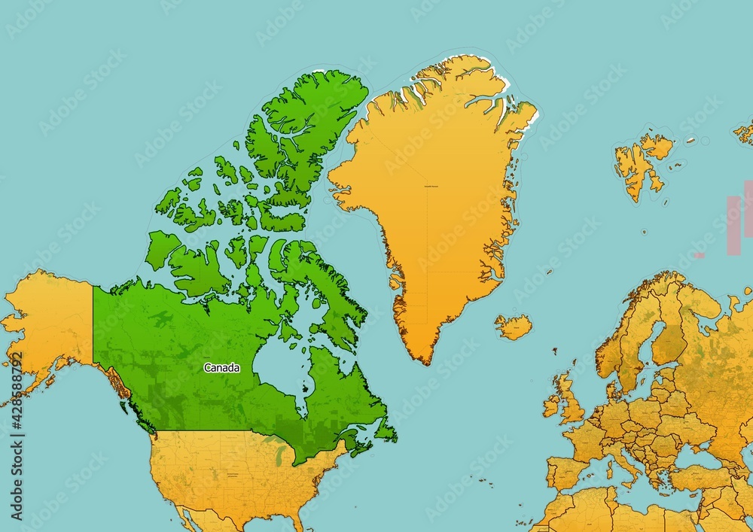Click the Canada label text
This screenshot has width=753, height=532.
pyautogui.click(x=222, y=368)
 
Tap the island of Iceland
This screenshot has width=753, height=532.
pyautogui.click(x=514, y=327)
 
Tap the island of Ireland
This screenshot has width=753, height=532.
pyautogui.click(x=551, y=406)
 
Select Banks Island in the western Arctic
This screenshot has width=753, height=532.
pyautogui.click(x=162, y=248)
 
